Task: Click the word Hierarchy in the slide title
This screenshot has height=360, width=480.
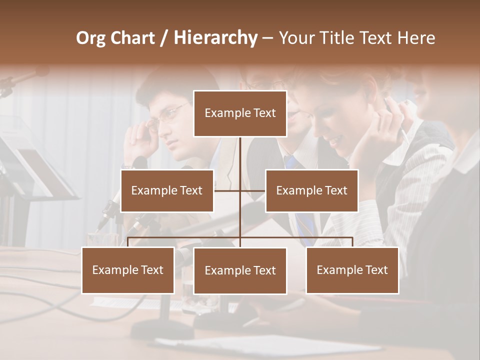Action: [215, 38]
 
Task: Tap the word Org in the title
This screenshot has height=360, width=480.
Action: [91, 38]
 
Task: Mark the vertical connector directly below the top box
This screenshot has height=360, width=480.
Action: [240, 152]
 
